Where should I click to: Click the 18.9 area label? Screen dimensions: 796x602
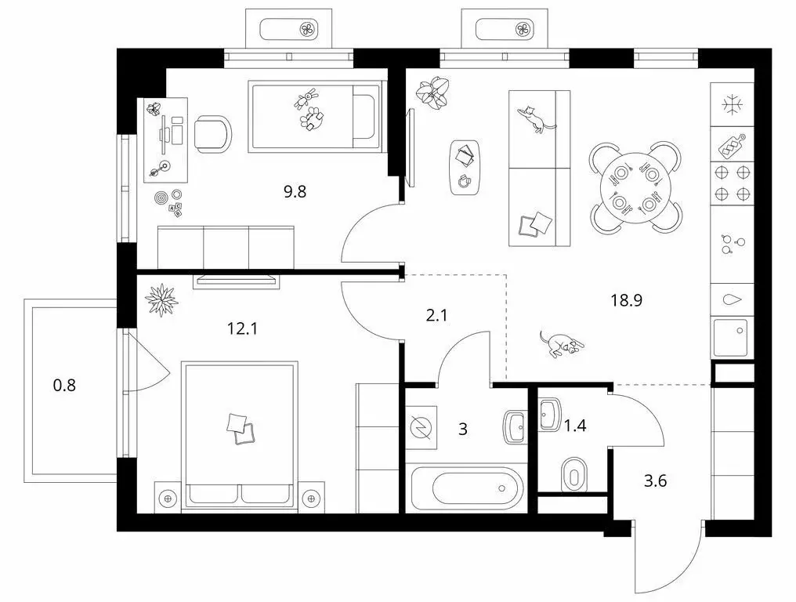[x=627, y=300]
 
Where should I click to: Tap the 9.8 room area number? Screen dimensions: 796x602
[x=295, y=192]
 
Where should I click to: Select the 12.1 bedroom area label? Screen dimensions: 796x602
[x=242, y=328]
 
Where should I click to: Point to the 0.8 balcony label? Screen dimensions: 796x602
[x=64, y=385]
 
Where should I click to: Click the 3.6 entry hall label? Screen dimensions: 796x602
[x=656, y=480]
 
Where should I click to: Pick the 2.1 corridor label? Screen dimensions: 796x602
[x=436, y=315]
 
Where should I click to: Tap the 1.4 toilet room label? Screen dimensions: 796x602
[x=575, y=425]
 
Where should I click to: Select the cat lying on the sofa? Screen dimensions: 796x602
[x=535, y=119]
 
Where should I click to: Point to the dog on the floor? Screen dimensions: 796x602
[x=562, y=344]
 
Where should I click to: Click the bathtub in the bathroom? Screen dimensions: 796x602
[x=466, y=488]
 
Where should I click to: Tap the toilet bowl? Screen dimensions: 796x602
[x=574, y=475]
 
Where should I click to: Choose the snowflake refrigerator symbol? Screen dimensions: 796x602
[x=732, y=105]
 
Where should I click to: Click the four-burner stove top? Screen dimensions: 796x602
[x=732, y=183]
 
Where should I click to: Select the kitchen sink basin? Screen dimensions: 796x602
[x=731, y=337]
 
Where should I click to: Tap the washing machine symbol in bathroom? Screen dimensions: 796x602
[x=421, y=427]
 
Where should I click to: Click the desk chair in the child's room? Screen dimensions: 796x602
[x=213, y=134]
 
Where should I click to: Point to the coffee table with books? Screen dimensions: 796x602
[x=465, y=167]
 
